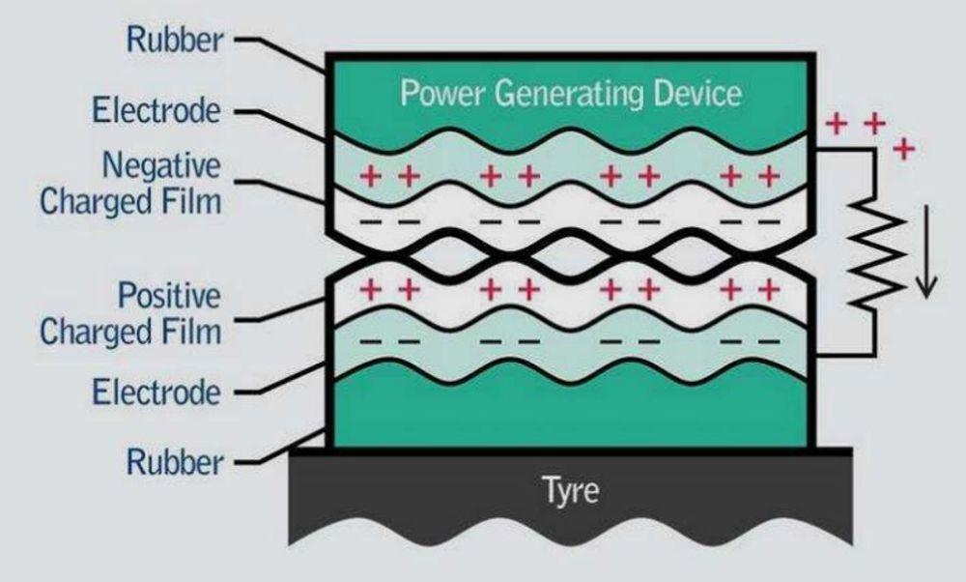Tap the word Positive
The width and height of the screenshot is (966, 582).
coord(168,295)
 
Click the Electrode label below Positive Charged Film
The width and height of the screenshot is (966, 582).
coord(156,393)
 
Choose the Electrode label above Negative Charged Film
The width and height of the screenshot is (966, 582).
coord(156,110)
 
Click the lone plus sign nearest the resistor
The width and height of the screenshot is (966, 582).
coord(904,149)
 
